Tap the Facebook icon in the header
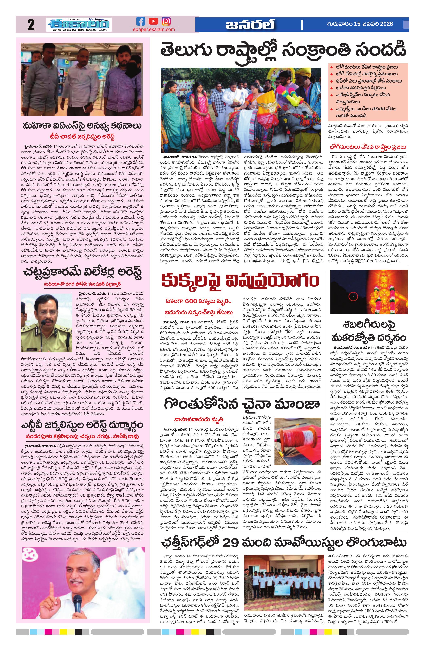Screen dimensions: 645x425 (x=141, y=21)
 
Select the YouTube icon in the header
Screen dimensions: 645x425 (x=153, y=21)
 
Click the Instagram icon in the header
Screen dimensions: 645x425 (x=166, y=21)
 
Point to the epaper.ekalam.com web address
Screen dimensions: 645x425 (x=154, y=29)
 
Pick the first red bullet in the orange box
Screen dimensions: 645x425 (x=331, y=67)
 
